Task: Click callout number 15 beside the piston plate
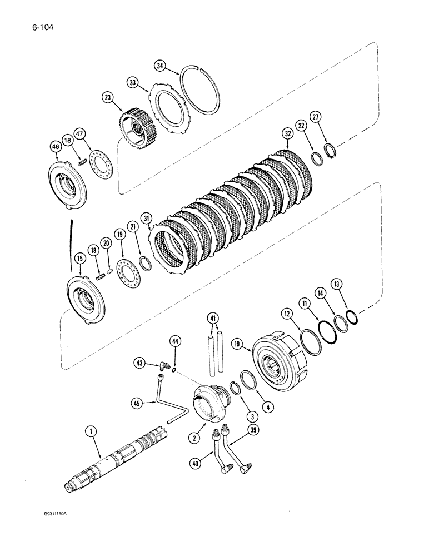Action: point(79,259)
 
